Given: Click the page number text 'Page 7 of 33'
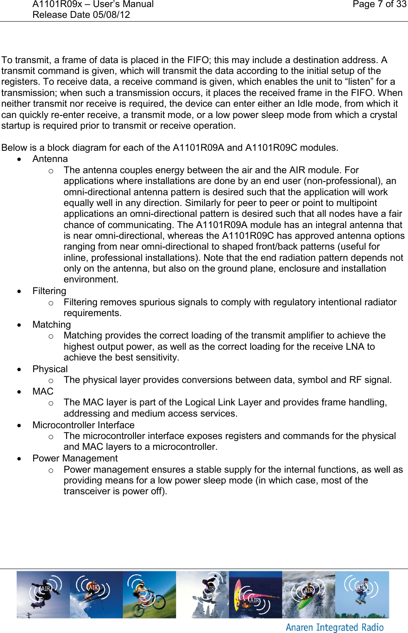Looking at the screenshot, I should [379, 5].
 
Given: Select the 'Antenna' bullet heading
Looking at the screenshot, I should [50, 159].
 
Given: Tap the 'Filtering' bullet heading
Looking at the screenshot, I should [49, 291].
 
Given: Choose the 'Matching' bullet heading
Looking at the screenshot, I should [52, 325].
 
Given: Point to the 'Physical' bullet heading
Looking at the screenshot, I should [50, 369].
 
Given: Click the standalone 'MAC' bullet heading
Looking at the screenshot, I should [43, 392].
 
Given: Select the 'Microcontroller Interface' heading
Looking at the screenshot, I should [83, 425].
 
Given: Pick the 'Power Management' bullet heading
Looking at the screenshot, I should [75, 459].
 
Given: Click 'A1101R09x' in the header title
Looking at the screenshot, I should [57, 5].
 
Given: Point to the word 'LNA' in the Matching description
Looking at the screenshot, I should [355, 347].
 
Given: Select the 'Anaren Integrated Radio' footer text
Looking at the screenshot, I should [334, 627].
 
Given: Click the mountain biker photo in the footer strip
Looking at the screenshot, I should [149, 594].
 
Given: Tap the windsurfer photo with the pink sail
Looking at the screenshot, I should [255, 594].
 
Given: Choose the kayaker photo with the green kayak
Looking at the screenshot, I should [308, 594].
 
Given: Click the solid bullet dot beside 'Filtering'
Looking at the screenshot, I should [19, 292].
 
